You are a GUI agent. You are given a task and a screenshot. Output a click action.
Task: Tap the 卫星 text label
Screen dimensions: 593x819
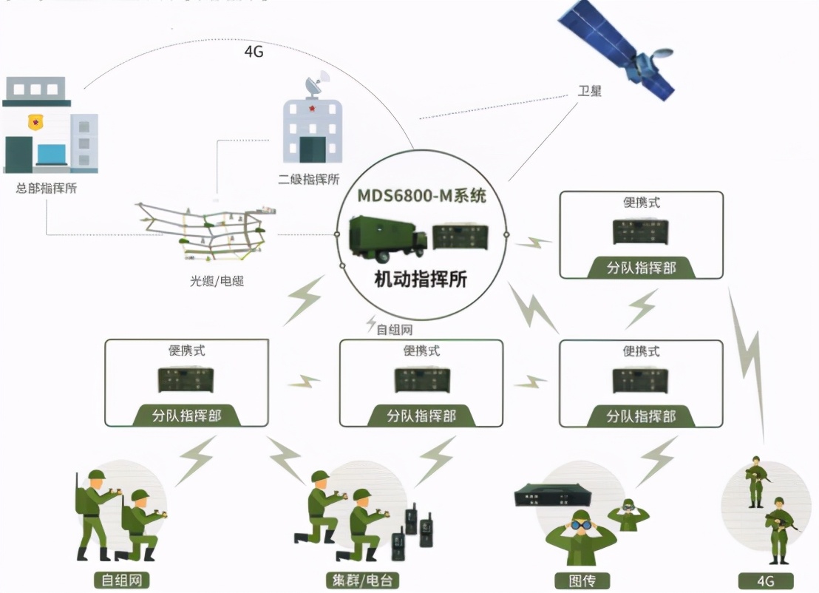pos(590,92)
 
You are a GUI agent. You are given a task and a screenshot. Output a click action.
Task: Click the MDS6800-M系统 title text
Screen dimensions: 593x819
pos(422,197)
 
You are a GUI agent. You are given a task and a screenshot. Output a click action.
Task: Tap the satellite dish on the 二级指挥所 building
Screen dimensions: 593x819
pos(323,84)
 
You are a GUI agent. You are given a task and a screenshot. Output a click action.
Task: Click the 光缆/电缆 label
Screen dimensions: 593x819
pos(217,281)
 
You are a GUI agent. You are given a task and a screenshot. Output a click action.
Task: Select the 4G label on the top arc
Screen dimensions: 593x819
pos(254,52)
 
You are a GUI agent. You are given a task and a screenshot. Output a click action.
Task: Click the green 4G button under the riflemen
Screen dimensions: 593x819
pos(766,581)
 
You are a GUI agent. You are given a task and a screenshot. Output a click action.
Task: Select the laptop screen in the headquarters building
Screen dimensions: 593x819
pos(50,155)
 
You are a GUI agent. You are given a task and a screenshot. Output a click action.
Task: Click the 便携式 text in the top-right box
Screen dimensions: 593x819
pos(641,203)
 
